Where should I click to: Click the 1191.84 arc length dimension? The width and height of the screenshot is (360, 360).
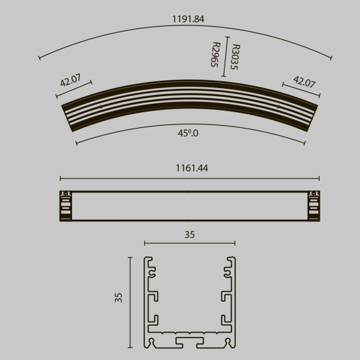pos(187,19)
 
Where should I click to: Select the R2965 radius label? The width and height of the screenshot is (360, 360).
pos(215,55)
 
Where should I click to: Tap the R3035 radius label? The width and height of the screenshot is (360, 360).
pos(234,56)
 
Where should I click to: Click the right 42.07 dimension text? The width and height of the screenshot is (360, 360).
pos(304,81)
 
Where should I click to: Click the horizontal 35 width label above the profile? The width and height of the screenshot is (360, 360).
pos(189,235)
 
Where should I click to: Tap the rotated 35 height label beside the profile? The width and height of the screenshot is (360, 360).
pos(119,297)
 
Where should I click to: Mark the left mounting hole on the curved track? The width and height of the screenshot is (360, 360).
pos(101,106)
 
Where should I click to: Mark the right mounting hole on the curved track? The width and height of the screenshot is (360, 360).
pos(278,106)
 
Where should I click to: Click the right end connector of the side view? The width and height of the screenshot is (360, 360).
pos(314,205)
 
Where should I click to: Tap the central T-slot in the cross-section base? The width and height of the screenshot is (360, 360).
pos(189,342)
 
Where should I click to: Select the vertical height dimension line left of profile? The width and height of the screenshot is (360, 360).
pos(130,303)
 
